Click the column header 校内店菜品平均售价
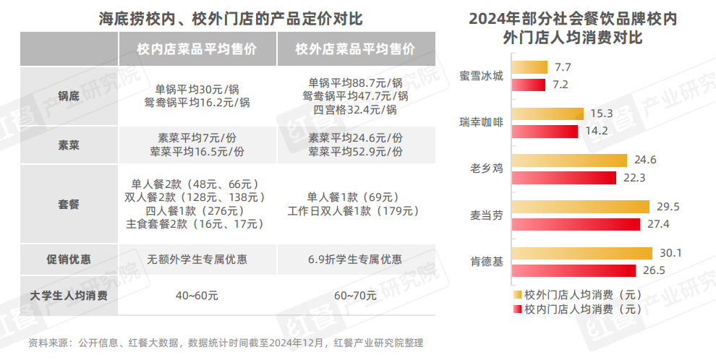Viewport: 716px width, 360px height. (197, 49)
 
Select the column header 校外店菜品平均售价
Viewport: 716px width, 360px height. (355, 49)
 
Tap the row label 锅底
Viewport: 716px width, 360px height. (69, 96)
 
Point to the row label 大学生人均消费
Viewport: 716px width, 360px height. (69, 296)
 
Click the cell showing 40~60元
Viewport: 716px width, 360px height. (197, 296)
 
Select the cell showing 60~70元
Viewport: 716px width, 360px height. (355, 296)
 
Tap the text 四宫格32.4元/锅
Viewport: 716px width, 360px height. (355, 110)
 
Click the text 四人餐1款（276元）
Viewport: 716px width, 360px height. (197, 210)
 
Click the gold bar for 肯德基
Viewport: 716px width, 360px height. (579, 254)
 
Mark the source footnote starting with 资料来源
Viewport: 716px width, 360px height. (225, 343)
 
